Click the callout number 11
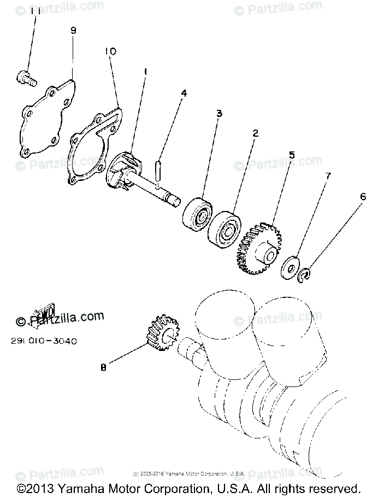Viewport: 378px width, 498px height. (35, 11)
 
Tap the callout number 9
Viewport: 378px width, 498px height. (74, 31)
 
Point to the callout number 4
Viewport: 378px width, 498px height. (184, 93)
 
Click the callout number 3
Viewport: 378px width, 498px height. (218, 114)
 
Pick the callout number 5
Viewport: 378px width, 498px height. (292, 155)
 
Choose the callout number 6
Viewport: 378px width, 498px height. (363, 196)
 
